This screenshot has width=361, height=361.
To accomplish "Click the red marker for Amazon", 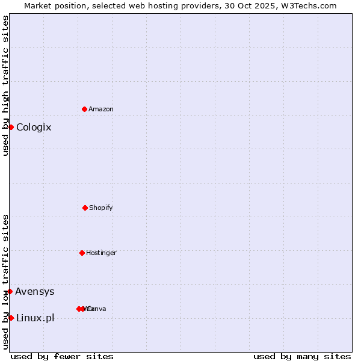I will tap(85, 109).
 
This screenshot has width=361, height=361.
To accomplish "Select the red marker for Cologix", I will tap(11, 127).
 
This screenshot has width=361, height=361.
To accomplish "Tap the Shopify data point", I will tap(85, 208).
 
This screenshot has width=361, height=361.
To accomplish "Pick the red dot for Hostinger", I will tap(82, 253).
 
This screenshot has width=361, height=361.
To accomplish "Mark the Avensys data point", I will tap(10, 291).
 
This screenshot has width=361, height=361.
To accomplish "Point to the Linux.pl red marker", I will tap(11, 318).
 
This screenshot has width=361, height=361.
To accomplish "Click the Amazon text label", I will tap(101, 110).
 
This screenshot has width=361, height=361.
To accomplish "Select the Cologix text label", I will tap(34, 128).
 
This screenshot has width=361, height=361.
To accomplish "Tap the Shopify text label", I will tap(101, 208).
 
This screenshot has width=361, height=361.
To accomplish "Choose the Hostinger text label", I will tap(101, 253).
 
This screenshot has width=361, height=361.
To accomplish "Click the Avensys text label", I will tap(35, 292).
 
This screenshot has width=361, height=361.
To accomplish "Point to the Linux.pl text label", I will tap(35, 318).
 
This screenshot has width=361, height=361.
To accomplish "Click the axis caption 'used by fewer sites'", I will tap(62, 356).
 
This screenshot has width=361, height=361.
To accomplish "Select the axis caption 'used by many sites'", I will tap(302, 356).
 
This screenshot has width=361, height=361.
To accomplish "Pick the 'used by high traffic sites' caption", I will tap(5, 85).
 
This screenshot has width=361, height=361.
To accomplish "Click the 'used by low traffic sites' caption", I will tap(5, 282).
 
